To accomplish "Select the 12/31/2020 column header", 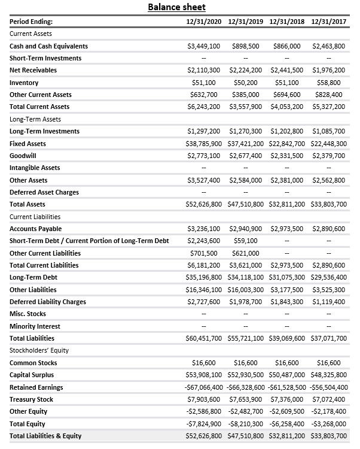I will click(x=204, y=22).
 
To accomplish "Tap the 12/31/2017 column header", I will click(x=330, y=22).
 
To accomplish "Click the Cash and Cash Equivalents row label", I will click(x=48, y=46).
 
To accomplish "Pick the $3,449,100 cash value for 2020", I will click(x=204, y=46).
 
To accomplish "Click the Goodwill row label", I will click(x=23, y=156).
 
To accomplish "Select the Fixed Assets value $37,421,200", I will click(x=246, y=144).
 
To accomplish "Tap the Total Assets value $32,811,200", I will click(x=287, y=204).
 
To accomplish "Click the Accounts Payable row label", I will click(x=35, y=229).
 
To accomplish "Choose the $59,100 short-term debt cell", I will click(x=246, y=241).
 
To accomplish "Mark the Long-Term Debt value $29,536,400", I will click(x=329, y=277).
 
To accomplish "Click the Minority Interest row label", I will click(x=35, y=326).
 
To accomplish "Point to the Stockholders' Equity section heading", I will click(x=39, y=350).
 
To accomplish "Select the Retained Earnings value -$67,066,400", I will click(x=204, y=387).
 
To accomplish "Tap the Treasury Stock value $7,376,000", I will click(x=287, y=399).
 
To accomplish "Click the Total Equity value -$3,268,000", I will click(x=329, y=424).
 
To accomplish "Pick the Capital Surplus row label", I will click(x=31, y=375).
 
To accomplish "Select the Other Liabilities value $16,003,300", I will click(x=246, y=290).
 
